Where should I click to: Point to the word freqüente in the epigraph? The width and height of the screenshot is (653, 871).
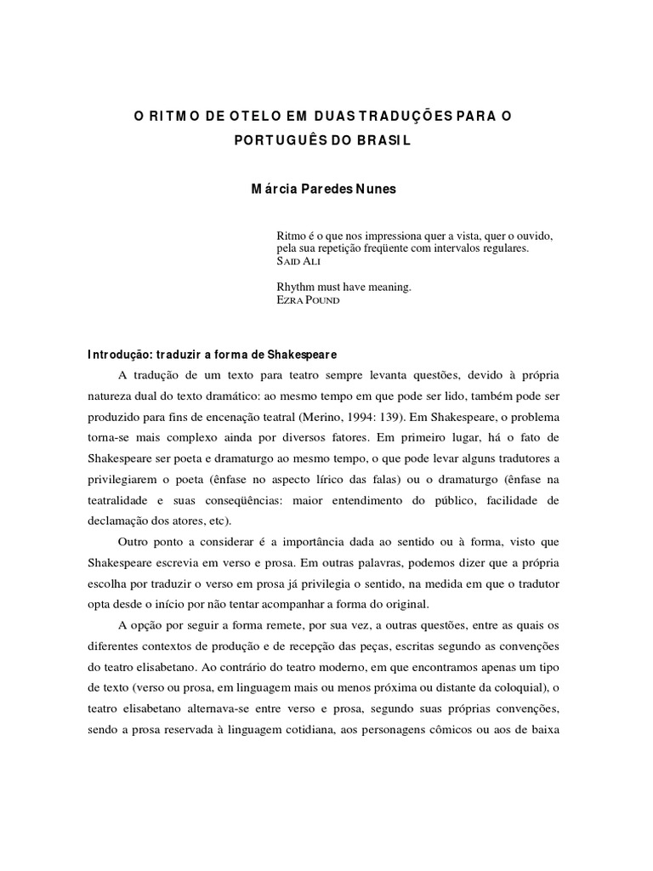coord(389,248)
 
